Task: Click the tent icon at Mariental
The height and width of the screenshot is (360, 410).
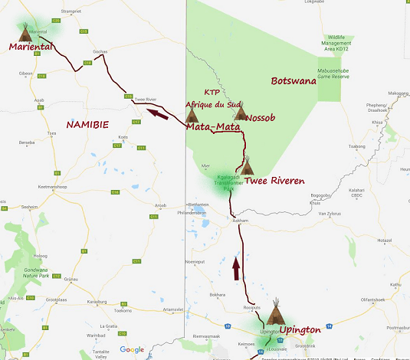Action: click(x=25, y=31)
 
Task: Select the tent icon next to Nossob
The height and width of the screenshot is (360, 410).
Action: click(x=241, y=113)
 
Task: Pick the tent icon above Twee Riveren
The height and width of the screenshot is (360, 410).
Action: click(x=247, y=166)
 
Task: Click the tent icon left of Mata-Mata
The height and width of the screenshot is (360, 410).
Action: click(x=192, y=115)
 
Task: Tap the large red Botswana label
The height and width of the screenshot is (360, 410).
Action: click(x=294, y=80)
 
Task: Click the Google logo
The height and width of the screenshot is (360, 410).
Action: click(x=131, y=349)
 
